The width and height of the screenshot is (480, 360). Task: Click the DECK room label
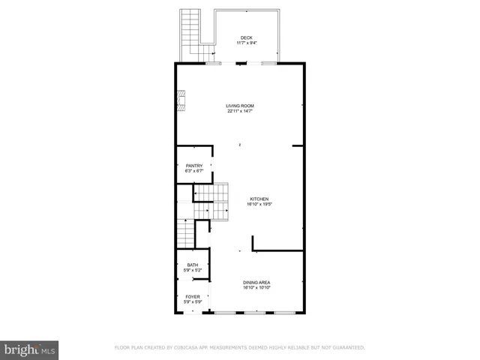(x=247, y=38)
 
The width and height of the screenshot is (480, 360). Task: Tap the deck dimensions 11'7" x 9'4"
(x=247, y=43)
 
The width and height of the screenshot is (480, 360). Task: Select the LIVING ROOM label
(x=240, y=106)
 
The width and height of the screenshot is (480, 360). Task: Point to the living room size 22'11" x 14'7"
(x=240, y=112)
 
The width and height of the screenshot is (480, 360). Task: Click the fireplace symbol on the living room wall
(x=181, y=100)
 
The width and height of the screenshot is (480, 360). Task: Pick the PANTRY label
(x=194, y=166)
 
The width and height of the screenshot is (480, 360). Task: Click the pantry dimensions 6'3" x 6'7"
(x=194, y=171)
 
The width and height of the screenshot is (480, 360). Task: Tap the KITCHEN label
(x=259, y=199)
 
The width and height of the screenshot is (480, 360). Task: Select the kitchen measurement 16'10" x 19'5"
(x=259, y=204)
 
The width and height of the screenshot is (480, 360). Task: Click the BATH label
(x=193, y=265)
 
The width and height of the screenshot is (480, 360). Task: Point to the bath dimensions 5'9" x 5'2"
(x=193, y=270)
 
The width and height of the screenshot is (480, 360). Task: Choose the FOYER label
(x=193, y=297)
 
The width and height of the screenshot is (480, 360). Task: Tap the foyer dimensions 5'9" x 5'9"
(x=193, y=302)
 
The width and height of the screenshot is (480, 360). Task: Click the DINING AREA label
(x=256, y=282)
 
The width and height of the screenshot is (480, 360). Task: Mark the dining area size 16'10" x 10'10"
(x=256, y=287)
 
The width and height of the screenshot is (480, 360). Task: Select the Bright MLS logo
(x=30, y=349)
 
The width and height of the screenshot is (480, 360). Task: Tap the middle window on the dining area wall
(x=256, y=312)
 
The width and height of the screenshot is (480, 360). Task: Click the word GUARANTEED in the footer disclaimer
(x=346, y=348)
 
